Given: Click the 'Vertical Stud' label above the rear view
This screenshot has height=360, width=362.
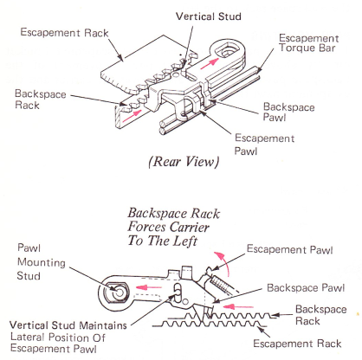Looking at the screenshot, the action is pyautogui.click(x=209, y=16).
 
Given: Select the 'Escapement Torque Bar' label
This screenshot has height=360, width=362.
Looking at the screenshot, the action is pyautogui.click(x=308, y=43).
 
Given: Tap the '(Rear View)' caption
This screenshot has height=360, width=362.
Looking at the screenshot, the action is pyautogui.click(x=184, y=162).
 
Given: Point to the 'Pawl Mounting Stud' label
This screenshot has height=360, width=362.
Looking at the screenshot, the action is pyautogui.click(x=42, y=261).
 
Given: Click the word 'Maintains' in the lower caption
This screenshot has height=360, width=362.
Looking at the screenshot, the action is pyautogui.click(x=103, y=325).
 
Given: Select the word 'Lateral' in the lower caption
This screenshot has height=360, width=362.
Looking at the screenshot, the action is pyautogui.click(x=28, y=337).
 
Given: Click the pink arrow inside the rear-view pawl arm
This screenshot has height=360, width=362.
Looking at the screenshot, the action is pyautogui.click(x=210, y=63).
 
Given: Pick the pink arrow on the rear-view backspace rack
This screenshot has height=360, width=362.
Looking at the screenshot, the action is pyautogui.click(x=133, y=116).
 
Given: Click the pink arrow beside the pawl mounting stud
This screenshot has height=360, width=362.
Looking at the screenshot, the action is pyautogui.click(x=148, y=287).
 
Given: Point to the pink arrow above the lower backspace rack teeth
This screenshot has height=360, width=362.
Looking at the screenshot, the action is pyautogui.click(x=238, y=306).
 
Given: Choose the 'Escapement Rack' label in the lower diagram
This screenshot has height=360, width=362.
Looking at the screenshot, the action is pyautogui.click(x=297, y=344).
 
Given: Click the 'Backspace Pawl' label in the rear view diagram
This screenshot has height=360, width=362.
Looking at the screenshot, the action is pyautogui.click(x=288, y=112).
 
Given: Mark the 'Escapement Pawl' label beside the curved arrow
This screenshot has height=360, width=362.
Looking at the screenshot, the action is pyautogui.click(x=289, y=249).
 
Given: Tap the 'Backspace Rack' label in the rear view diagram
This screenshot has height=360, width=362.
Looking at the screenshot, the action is pyautogui.click(x=41, y=100).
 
